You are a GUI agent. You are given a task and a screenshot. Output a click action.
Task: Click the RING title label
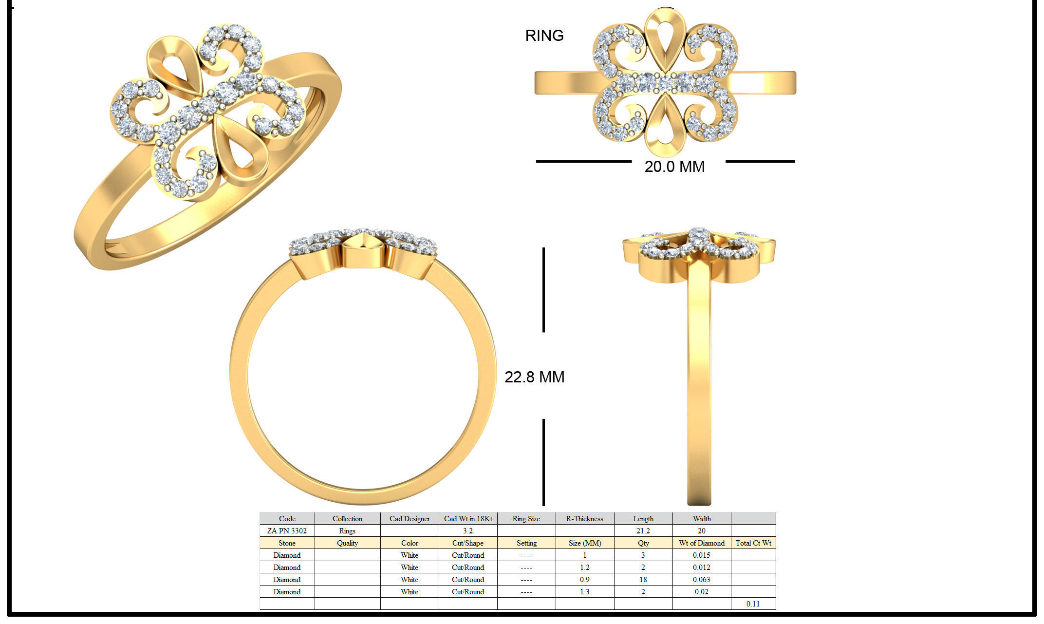coord(544,36)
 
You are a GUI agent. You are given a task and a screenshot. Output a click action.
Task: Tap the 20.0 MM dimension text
coord(674,167)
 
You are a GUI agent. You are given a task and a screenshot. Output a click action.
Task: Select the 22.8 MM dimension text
coord(534,377)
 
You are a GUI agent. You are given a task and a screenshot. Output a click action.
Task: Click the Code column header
coord(287,518)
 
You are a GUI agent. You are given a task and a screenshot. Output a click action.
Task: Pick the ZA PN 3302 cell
coord(287,530)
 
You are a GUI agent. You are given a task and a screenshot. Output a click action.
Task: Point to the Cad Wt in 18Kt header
coord(468,518)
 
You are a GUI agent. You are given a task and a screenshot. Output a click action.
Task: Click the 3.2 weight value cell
coord(468,530)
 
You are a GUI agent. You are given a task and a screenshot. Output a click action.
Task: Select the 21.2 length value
coord(643,530)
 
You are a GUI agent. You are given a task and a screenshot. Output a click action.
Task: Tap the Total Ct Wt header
coord(753,543)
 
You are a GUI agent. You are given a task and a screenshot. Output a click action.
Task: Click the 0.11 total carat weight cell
coord(753,604)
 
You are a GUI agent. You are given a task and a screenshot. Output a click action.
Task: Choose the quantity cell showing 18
coord(643,579)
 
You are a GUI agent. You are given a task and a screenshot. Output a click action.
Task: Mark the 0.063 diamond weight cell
coord(701,579)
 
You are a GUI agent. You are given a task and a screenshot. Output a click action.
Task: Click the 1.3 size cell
coord(584,591)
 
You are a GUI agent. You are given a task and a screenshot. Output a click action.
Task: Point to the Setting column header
coord(526,543)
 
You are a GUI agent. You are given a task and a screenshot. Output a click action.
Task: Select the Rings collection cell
coord(347,530)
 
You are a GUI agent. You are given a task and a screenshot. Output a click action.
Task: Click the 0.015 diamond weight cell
coord(701,555)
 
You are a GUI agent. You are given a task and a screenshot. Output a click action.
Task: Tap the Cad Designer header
coord(410,518)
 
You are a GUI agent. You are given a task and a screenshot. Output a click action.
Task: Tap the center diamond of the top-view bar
coord(665,83)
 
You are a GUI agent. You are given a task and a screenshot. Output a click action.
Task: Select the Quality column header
coord(347,543)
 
